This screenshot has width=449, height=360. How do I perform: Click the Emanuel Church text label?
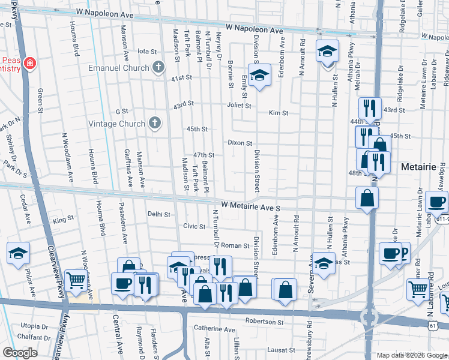click(x=118, y=68)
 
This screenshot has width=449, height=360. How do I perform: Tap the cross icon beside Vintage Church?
click(x=155, y=124)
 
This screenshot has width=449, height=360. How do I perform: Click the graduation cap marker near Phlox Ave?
click(x=19, y=253)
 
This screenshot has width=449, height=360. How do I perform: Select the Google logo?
click(x=20, y=353)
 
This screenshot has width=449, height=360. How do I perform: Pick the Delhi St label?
click(x=159, y=214)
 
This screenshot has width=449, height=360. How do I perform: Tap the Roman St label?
click(x=235, y=245)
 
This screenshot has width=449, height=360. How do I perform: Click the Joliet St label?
click(x=238, y=105)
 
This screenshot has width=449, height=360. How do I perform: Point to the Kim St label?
click(x=279, y=113)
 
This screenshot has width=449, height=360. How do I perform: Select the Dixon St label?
click(x=240, y=142)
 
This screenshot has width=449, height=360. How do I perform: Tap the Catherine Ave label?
click(x=214, y=329)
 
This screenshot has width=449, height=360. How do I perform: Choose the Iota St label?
click(x=147, y=52)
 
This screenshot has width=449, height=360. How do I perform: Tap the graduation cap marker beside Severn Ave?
click(x=324, y=264)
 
